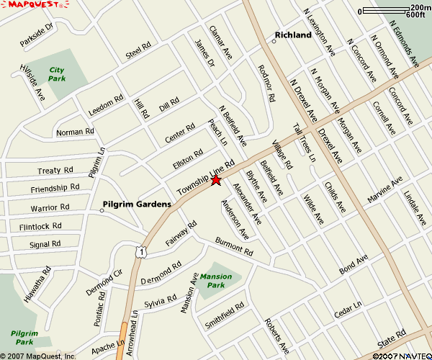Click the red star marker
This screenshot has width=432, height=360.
(x=215, y=180)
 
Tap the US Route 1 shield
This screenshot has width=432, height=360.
(x=143, y=252)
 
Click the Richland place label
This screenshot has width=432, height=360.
(x=294, y=35)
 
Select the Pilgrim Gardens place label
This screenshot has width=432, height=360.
(x=137, y=204)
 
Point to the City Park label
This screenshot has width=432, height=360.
(x=57, y=73)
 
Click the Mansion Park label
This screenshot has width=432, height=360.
(x=216, y=281)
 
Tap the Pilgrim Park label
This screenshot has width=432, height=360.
(x=24, y=338)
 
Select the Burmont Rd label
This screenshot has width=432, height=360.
(x=234, y=248)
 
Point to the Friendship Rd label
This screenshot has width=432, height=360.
(x=55, y=189)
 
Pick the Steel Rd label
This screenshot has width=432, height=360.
(x=138, y=51)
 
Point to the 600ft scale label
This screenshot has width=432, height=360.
(x=415, y=14)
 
